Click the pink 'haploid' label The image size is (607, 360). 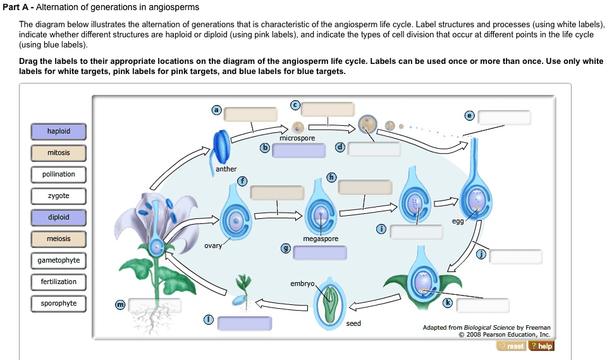pyautogui.click(x=59, y=132)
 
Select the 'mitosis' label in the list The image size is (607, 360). pyautogui.click(x=59, y=153)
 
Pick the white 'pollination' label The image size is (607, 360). pyautogui.click(x=59, y=175)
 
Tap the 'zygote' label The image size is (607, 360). pyautogui.click(x=59, y=196)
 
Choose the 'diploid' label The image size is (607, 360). pyautogui.click(x=59, y=218)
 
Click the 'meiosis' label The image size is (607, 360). pyautogui.click(x=59, y=239)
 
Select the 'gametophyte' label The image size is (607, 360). pyautogui.click(x=59, y=261)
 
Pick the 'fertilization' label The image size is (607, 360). pyautogui.click(x=59, y=282)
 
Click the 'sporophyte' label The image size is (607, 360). pyautogui.click(x=59, y=304)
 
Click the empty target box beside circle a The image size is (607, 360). pyautogui.click(x=251, y=114)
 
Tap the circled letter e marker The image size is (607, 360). pyautogui.click(x=469, y=116)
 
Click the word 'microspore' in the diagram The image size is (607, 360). pyautogui.click(x=297, y=138)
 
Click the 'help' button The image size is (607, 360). pyautogui.click(x=541, y=346)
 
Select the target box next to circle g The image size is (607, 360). pyautogui.click(x=320, y=253)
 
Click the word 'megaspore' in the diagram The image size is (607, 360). pyautogui.click(x=321, y=239)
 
